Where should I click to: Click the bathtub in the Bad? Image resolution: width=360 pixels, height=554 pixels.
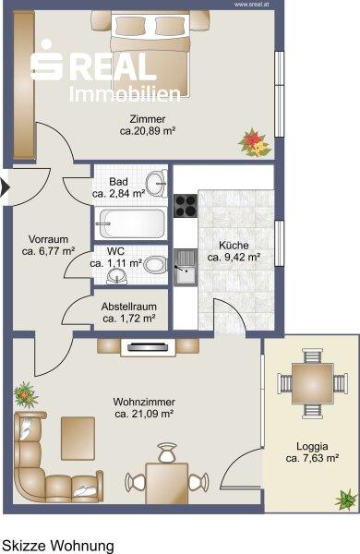tap(130, 223)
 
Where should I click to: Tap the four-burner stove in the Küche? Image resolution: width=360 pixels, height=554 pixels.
tap(186, 206)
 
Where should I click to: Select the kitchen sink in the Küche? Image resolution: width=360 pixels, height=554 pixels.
tap(186, 267)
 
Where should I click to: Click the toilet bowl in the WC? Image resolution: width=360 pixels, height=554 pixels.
tap(155, 264)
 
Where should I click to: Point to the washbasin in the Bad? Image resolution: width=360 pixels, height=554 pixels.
tap(157, 183)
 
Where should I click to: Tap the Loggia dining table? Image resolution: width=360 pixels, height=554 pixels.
tap(313, 384)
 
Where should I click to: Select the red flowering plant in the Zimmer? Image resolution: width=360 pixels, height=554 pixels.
tap(255, 142)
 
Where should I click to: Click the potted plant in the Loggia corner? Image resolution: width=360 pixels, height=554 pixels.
tap(346, 500)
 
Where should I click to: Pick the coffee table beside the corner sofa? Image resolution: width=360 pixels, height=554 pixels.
tap(78, 438)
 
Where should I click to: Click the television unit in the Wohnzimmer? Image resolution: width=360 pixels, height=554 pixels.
tap(148, 346)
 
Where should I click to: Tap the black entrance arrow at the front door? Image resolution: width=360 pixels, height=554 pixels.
tap(5, 187)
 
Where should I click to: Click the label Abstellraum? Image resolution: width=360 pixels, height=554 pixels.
tap(129, 307)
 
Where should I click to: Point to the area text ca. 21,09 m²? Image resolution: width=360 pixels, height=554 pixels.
tap(144, 414)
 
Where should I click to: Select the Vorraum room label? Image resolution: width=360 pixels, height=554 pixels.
tap(48, 239)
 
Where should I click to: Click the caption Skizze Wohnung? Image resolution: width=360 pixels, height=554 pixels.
tap(58, 546)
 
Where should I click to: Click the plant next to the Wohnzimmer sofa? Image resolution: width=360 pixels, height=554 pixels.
tap(26, 395)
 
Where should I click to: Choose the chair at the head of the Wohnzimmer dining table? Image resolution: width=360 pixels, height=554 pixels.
tap(167, 452)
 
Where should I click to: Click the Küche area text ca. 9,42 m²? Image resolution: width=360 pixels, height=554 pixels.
tap(234, 257)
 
